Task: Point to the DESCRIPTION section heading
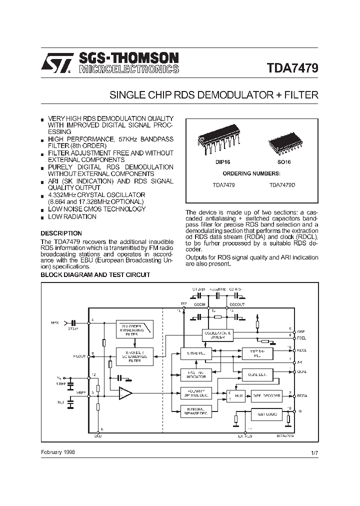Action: point(61,233)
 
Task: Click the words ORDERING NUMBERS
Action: point(251,173)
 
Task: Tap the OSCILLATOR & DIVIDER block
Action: point(217,335)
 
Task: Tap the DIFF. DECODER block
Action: point(266,395)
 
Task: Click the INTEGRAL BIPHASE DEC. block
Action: point(195,411)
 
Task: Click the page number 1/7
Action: point(314,453)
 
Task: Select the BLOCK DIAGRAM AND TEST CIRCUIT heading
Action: point(95,275)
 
